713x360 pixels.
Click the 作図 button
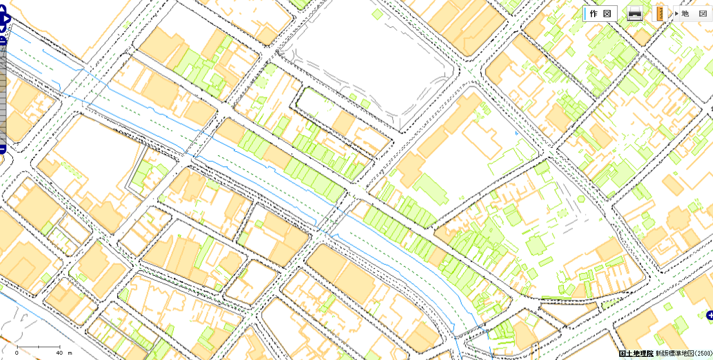(600, 13)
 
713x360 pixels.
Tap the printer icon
(634, 13)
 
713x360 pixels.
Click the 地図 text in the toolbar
(694, 13)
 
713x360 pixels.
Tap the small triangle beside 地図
(676, 13)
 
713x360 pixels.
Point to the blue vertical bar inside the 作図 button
(585, 13)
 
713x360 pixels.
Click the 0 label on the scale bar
(17, 353)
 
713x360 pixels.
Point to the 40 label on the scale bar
(59, 353)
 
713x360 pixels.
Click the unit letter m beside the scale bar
(70, 353)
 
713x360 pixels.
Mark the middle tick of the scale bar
(38, 348)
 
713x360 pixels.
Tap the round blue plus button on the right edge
(709, 316)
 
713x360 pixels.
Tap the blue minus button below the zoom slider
(2, 149)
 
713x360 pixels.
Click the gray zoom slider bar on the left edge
(3, 96)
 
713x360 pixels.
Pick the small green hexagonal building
(581, 200)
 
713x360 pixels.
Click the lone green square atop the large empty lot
(377, 14)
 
